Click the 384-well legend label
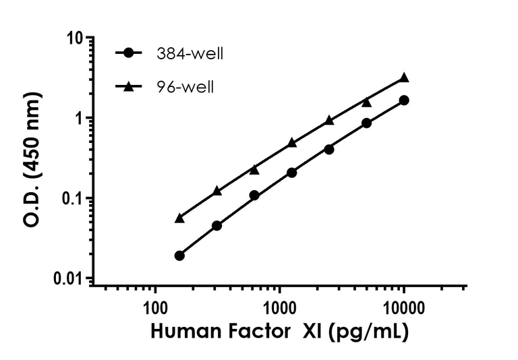tap(190, 54)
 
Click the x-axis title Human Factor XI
tap(279, 332)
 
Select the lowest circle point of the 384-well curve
tap(179, 256)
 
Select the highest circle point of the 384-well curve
tap(404, 100)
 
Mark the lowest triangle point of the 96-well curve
tap(179, 218)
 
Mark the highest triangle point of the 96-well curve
tap(404, 78)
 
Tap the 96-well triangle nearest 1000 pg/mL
tap(292, 142)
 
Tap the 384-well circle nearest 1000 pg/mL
tap(292, 173)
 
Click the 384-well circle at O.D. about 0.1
tap(254, 196)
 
